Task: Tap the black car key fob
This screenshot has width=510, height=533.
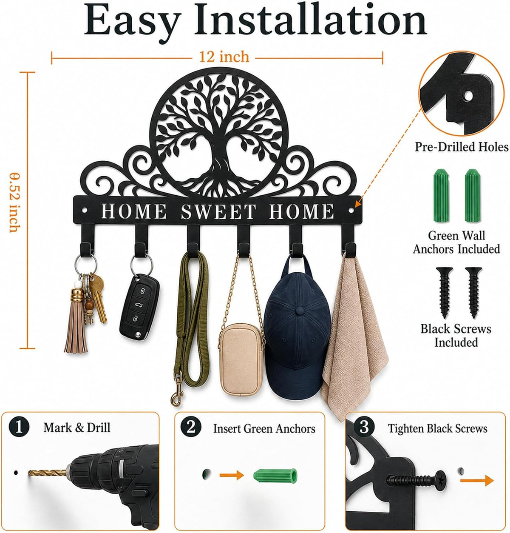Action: pyautogui.click(x=139, y=307)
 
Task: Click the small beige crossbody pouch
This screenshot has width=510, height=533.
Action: pyautogui.click(x=241, y=359)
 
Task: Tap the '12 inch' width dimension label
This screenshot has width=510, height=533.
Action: pyautogui.click(x=224, y=57)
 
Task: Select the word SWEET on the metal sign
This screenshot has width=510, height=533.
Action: pyautogui.click(x=218, y=211)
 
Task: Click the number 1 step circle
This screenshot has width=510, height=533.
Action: pyautogui.click(x=19, y=427)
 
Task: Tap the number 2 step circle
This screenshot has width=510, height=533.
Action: pyautogui.click(x=191, y=427)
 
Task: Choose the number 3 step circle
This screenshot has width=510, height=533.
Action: pyautogui.click(x=364, y=427)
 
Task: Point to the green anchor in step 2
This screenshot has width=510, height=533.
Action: pyautogui.click(x=275, y=476)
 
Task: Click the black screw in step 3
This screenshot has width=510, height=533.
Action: pyautogui.click(x=416, y=481)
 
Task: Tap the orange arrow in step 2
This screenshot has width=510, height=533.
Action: pyautogui.click(x=232, y=475)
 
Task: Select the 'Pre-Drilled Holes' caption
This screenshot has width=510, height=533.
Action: pyautogui.click(x=462, y=147)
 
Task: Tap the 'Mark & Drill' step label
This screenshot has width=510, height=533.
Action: pyautogui.click(x=77, y=428)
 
